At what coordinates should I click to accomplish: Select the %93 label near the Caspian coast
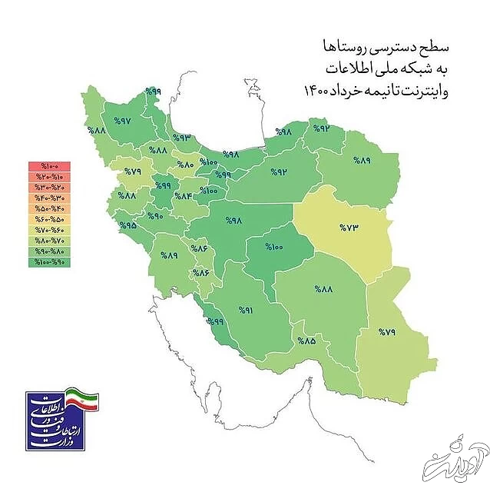click(181, 138)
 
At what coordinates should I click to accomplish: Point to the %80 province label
click(187, 165)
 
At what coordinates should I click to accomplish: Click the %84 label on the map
click(186, 195)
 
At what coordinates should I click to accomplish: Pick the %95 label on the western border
click(127, 226)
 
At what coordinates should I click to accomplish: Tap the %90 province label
click(156, 216)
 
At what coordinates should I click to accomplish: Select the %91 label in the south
click(245, 311)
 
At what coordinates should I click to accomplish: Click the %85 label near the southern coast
click(307, 341)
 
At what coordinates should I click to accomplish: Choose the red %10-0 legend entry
click(49, 166)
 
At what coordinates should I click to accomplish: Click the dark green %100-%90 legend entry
click(49, 263)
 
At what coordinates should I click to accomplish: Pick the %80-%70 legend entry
click(49, 241)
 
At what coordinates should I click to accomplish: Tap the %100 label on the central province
click(275, 247)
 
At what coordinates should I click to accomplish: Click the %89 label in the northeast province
click(362, 160)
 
